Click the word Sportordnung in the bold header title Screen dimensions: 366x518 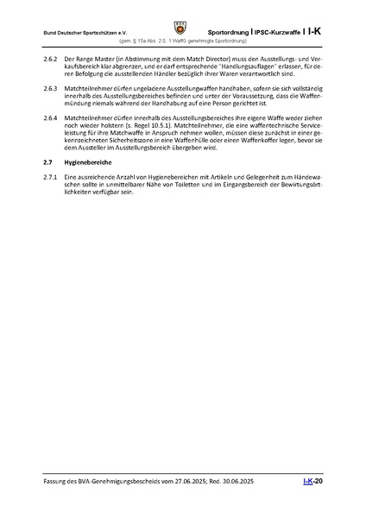click(x=228, y=31)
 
